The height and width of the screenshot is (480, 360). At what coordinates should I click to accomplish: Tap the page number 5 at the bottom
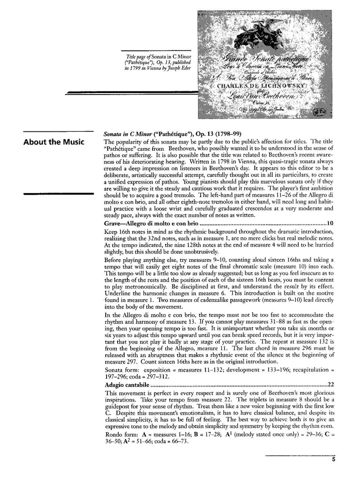(x=333, y=459)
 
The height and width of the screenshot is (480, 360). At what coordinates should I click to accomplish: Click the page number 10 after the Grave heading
(x=329, y=223)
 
